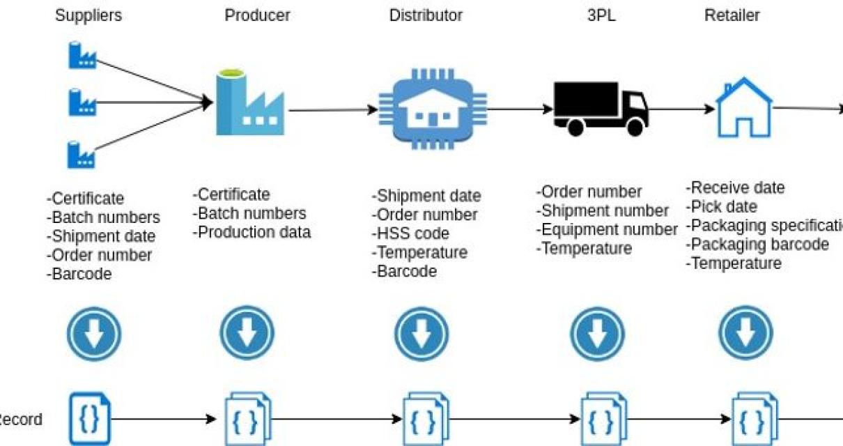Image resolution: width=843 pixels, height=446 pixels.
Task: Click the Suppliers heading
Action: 88,15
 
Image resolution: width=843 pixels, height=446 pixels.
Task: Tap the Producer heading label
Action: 257,15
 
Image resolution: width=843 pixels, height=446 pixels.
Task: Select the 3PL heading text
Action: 601,15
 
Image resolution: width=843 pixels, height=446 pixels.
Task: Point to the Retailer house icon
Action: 745,109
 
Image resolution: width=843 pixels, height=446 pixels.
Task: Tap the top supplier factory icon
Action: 82,56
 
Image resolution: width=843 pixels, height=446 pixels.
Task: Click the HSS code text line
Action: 412,233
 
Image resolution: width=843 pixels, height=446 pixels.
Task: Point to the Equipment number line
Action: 607,229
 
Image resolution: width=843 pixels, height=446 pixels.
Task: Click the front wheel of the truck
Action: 635,126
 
